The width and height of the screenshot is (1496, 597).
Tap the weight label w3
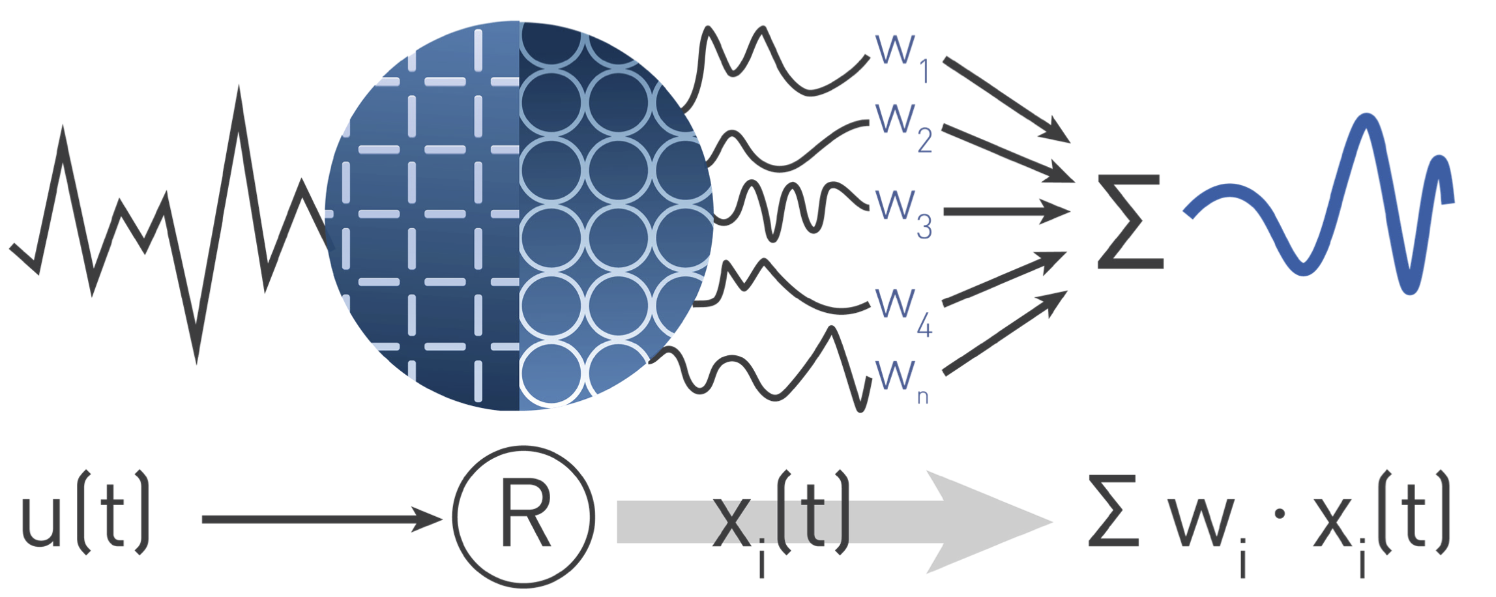903,212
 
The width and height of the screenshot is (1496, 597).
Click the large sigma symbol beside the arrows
1130,222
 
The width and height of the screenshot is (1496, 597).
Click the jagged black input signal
163,228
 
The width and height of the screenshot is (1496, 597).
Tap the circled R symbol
524,517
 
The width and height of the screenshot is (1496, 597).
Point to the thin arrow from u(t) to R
319,519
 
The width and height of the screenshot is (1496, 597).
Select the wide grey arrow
834,521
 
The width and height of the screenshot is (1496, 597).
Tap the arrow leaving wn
1004,333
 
